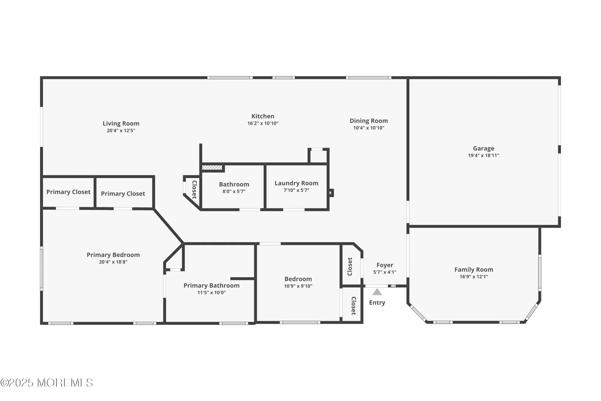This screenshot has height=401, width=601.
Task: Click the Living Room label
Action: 121,123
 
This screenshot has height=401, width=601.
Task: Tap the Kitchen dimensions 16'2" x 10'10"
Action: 263,123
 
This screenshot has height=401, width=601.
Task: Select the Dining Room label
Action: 368,121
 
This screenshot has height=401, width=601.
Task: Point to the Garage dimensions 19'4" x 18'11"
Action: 483,156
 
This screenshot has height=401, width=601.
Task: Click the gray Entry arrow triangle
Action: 377,292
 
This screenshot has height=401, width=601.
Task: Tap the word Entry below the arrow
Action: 377,303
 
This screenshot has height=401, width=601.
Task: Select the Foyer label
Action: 385,265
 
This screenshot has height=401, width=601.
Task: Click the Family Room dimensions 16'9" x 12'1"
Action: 474,277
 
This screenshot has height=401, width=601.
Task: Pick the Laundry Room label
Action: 296,183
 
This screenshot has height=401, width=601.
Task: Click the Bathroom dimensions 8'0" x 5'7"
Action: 234,191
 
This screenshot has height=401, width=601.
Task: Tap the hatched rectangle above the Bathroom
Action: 212,167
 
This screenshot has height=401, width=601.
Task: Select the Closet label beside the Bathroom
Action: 194,190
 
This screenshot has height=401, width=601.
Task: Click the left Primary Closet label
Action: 68,192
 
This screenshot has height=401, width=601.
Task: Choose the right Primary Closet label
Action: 123,194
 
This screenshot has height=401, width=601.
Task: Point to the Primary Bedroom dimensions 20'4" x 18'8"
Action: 113,262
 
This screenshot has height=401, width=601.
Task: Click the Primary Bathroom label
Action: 211,285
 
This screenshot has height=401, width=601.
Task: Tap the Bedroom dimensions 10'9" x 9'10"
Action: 298,286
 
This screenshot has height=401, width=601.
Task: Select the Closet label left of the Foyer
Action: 350,267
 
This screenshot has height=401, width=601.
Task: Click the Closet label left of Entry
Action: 353,306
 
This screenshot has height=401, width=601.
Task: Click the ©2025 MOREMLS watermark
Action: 47,383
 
